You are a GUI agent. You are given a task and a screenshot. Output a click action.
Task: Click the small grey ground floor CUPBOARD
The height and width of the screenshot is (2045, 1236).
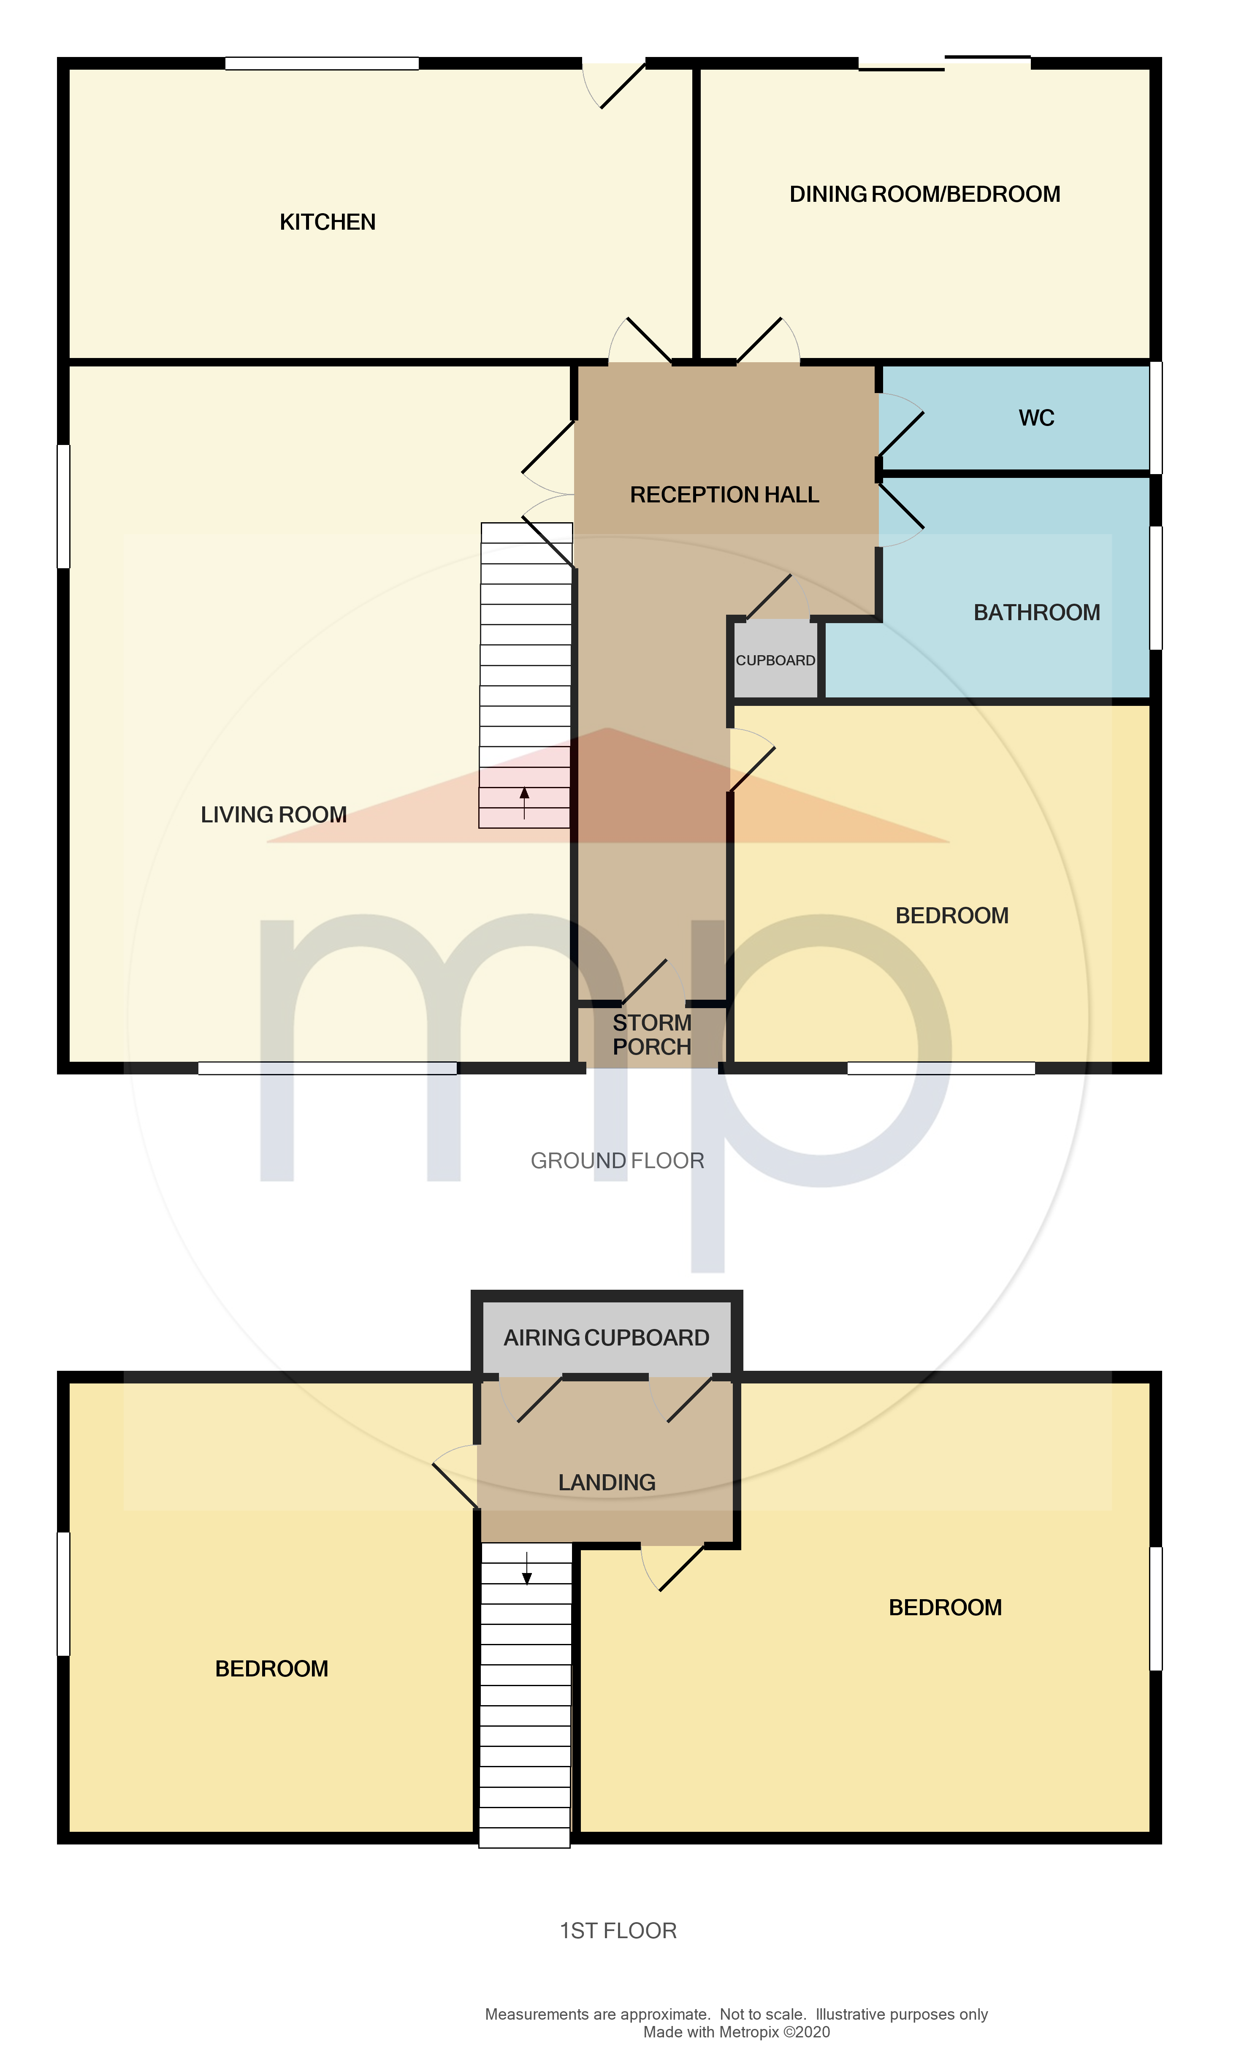[x=775, y=660]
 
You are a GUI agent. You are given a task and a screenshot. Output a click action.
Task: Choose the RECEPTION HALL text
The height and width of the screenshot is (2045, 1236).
[x=724, y=495]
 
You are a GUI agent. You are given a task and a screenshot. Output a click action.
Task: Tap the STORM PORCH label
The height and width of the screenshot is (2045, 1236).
[x=652, y=1034]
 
